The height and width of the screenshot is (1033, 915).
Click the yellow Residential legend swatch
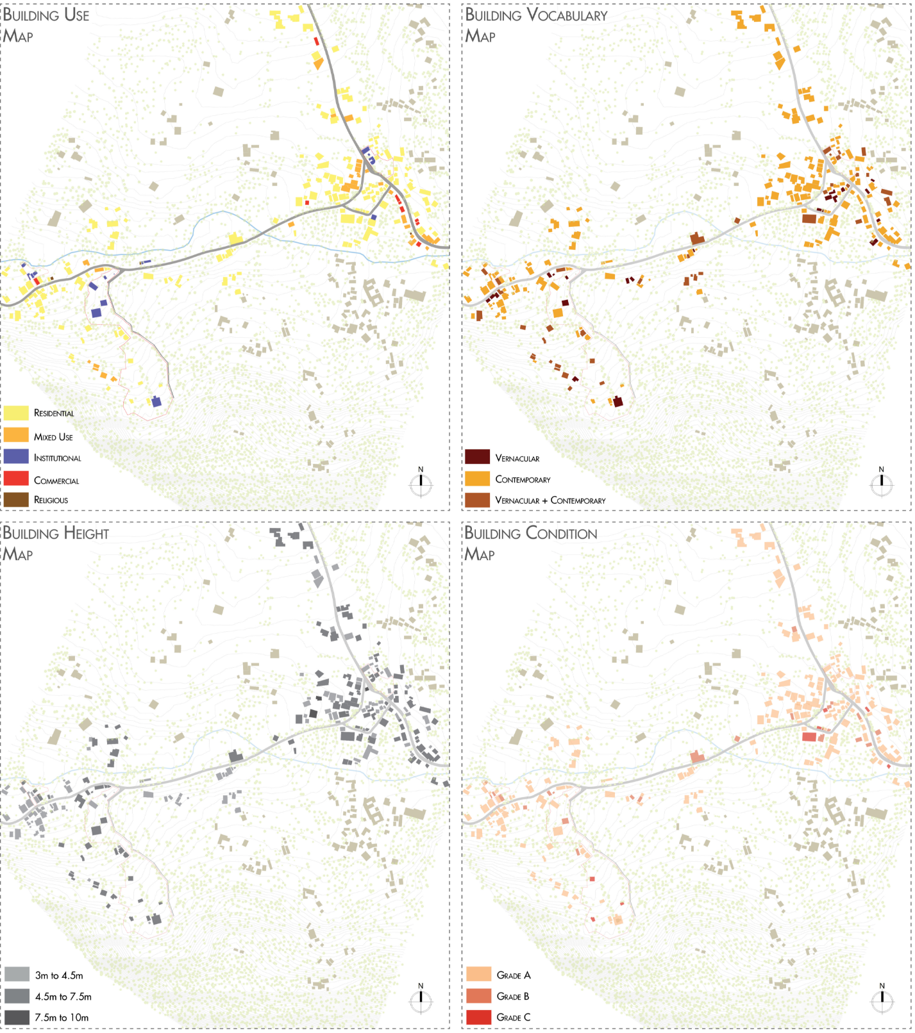pos(16,413)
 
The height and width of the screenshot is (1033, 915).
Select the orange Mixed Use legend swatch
pos(16,435)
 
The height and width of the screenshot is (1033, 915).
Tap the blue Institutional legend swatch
pos(16,456)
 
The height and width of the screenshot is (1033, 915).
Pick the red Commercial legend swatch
pos(16,479)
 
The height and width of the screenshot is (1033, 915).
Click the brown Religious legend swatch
pos(16,499)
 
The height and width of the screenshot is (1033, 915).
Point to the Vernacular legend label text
pos(517,458)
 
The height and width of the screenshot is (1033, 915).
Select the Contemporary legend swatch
pos(477,479)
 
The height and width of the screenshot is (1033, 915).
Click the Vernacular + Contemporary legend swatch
pos(477,500)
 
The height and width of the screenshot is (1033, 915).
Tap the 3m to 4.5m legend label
pos(59,975)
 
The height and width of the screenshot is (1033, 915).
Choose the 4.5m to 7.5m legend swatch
pos(17,996)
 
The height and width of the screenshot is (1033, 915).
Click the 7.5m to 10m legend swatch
pos(17,1017)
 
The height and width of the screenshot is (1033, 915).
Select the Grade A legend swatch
pos(478,975)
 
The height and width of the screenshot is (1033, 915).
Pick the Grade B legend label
pos(513,996)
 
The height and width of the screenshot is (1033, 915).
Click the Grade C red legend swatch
pos(478,1017)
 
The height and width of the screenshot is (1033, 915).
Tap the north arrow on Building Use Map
pos(421,484)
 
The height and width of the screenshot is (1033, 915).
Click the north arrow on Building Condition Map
pos(882,1000)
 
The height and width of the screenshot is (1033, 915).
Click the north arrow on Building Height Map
pos(421,1000)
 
